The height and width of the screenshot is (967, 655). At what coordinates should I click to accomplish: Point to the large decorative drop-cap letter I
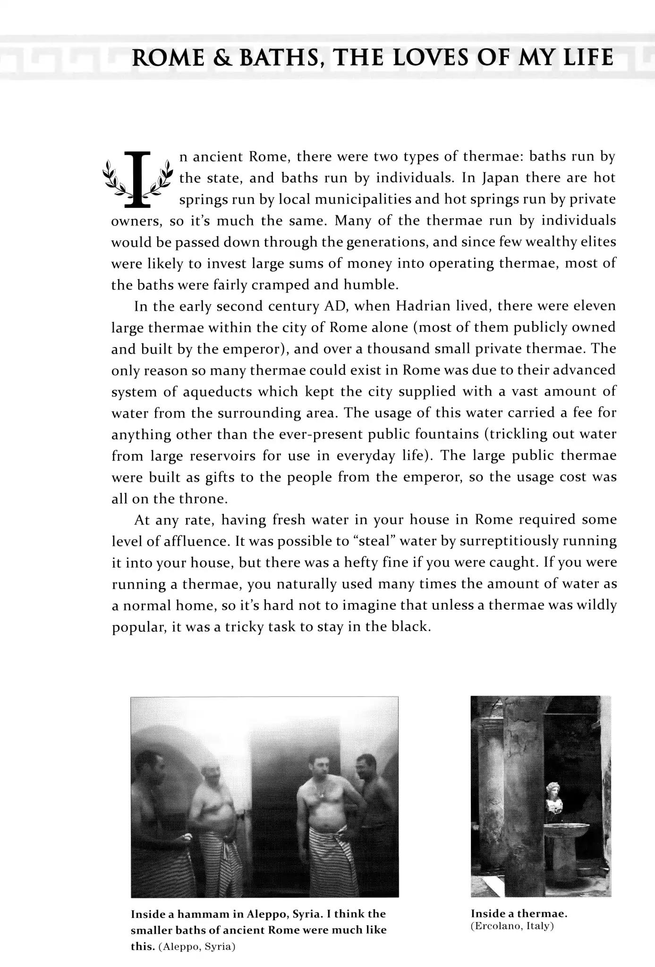point(136,179)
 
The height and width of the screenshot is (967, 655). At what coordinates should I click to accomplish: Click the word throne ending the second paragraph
point(203,499)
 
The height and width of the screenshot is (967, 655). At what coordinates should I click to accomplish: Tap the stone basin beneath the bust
point(566,830)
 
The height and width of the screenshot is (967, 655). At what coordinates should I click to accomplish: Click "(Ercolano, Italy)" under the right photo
point(512,925)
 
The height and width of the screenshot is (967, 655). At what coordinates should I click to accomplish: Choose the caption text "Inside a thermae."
point(519,913)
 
